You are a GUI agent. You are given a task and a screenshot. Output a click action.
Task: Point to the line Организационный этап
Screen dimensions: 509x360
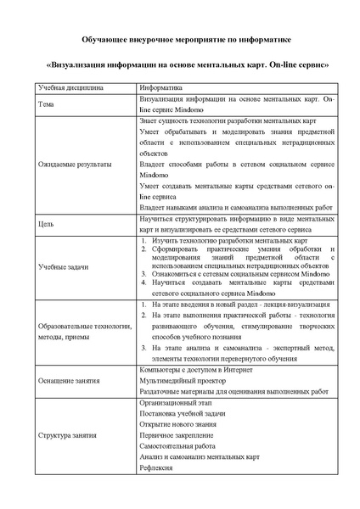click(x=175, y=402)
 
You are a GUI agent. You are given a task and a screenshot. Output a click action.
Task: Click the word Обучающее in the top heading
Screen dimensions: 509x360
click(x=106, y=39)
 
